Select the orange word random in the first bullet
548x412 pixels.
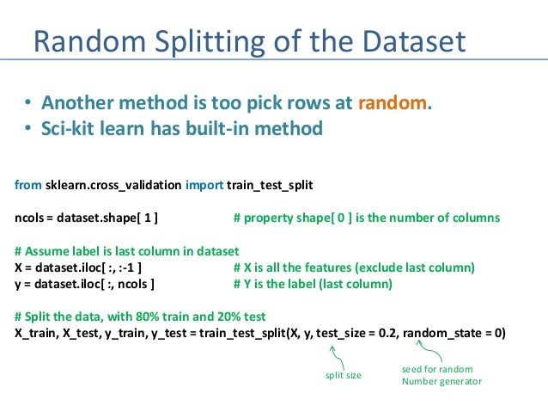click(392, 103)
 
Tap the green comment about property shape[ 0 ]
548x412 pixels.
click(366, 218)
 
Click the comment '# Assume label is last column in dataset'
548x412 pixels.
click(126, 251)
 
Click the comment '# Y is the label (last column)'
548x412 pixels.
click(313, 283)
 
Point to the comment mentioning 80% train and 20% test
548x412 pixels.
click(140, 316)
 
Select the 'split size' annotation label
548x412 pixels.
click(342, 376)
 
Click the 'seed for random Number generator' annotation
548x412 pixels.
click(441, 375)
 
